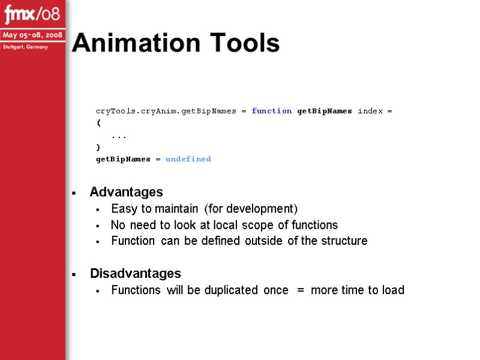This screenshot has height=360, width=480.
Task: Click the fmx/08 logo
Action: tap(32, 13)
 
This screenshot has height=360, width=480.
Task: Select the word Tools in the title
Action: tap(242, 43)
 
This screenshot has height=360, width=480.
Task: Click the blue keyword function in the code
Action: tap(272, 111)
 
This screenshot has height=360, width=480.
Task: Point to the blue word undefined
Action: tap(188, 159)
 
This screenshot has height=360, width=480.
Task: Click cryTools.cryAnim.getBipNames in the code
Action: tap(166, 111)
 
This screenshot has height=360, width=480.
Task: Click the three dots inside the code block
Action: tap(119, 136)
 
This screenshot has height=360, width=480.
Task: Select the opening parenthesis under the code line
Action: tap(98, 123)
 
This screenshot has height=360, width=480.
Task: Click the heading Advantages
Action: tap(126, 192)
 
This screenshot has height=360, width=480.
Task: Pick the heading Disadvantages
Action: tap(135, 274)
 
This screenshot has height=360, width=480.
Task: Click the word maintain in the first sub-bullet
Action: tap(176, 209)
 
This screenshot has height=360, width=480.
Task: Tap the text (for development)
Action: tap(251, 209)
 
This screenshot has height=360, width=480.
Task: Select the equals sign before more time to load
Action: tap(300, 290)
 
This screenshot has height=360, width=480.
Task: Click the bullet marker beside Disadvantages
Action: tap(73, 275)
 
